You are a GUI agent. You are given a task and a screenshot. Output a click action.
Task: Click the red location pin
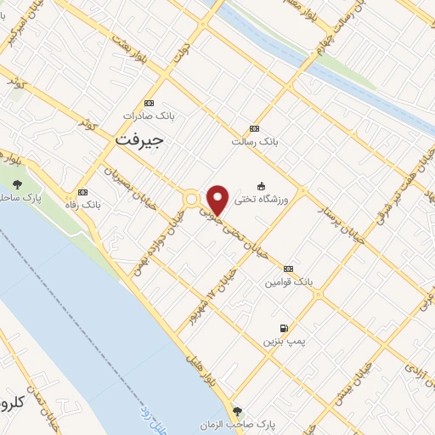pyautogui.click(x=217, y=199)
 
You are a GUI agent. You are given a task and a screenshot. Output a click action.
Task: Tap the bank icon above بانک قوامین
pyautogui.click(x=288, y=268)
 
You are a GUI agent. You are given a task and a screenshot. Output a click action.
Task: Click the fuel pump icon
pyautogui.click(x=283, y=328)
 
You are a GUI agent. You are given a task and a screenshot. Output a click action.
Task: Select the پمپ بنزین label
pyautogui.click(x=283, y=341)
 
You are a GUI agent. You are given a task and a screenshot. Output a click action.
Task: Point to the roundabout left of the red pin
pyautogui.click(x=192, y=199)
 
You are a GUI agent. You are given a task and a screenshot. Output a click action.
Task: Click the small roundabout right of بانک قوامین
pyautogui.click(x=319, y=294)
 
